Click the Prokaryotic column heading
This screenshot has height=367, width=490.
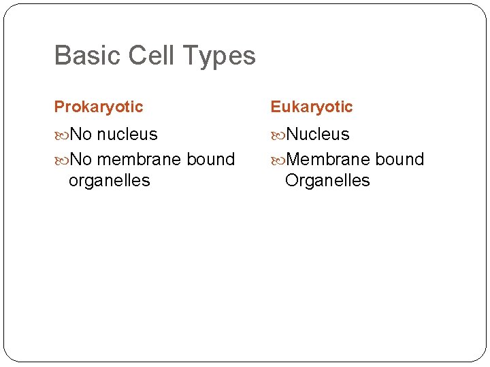pyautogui.click(x=99, y=107)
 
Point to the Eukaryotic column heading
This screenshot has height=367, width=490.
pyautogui.click(x=312, y=107)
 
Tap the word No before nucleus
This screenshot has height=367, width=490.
pyautogui.click(x=81, y=135)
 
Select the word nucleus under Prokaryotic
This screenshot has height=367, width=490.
pyautogui.click(x=127, y=135)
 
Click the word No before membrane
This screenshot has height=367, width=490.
pyautogui.click(x=81, y=160)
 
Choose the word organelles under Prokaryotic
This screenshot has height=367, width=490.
pyautogui.click(x=109, y=181)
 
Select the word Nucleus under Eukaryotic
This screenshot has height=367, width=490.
pyautogui.click(x=318, y=135)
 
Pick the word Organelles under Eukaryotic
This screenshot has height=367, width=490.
pyautogui.click(x=327, y=181)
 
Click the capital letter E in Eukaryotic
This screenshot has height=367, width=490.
pyautogui.click(x=275, y=107)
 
